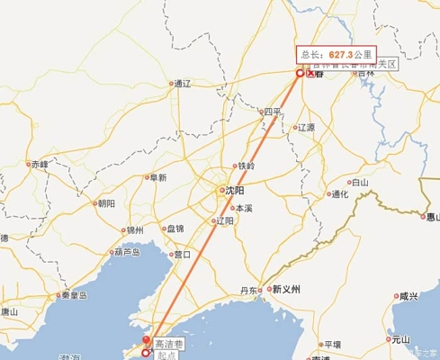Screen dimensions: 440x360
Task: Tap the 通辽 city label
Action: tap(181, 84)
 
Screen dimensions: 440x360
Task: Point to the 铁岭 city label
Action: tap(245, 166)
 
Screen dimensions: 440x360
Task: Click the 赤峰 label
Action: tap(39, 165)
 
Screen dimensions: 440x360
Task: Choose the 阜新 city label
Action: tap(158, 178)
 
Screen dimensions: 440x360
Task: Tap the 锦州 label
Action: tap(135, 230)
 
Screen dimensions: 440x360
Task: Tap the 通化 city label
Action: tap(339, 193)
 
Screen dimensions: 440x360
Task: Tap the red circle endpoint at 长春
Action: tap(301, 74)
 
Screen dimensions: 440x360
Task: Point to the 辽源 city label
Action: tap(306, 128)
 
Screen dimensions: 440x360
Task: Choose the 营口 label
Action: tap(182, 255)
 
